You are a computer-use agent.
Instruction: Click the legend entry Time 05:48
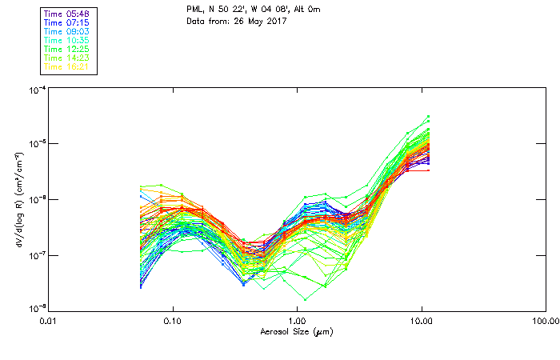tap(67, 14)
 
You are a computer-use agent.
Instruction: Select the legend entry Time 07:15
tap(67, 22)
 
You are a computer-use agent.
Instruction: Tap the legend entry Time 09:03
tap(67, 31)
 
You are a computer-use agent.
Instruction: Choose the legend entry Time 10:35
tap(67, 40)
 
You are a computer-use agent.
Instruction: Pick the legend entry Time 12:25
tap(67, 49)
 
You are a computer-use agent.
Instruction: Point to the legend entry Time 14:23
tap(67, 58)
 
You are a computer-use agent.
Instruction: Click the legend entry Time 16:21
tap(67, 66)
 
